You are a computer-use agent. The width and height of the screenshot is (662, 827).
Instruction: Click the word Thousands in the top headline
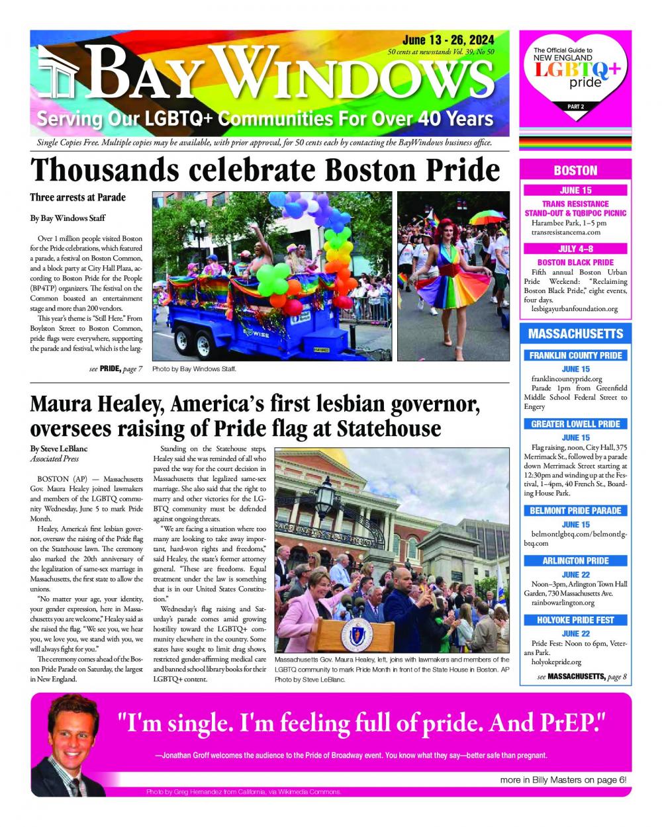pyautogui.click(x=105, y=170)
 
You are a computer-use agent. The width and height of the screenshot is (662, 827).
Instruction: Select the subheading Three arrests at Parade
pyautogui.click(x=77, y=197)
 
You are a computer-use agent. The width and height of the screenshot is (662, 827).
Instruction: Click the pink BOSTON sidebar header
pyautogui.click(x=575, y=171)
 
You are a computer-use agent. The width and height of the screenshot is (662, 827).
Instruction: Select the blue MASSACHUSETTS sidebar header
pyautogui.click(x=575, y=333)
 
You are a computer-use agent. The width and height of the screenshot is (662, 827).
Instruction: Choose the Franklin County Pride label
pyautogui.click(x=575, y=355)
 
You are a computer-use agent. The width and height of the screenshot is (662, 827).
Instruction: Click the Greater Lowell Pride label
pyautogui.click(x=575, y=423)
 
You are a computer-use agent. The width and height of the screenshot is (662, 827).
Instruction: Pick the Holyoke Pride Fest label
pyautogui.click(x=575, y=620)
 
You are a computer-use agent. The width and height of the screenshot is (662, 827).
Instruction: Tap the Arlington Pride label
pyautogui.click(x=575, y=560)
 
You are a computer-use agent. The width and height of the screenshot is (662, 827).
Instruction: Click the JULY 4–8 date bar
pyautogui.click(x=575, y=249)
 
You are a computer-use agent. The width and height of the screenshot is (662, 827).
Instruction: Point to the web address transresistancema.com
pyautogui.click(x=566, y=232)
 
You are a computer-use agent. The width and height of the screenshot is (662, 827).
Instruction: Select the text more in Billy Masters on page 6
pyautogui.click(x=563, y=779)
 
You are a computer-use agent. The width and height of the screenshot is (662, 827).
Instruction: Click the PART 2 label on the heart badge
pyautogui.click(x=575, y=106)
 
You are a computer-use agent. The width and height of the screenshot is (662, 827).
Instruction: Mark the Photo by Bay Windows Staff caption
pyautogui.click(x=194, y=369)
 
